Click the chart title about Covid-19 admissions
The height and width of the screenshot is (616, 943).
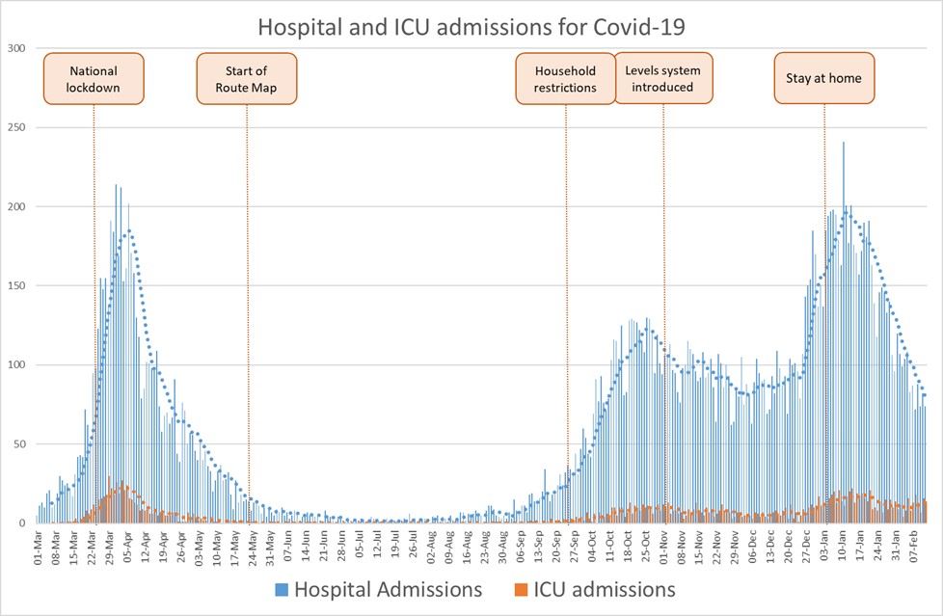(471, 26)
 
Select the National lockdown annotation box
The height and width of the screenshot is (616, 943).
(94, 79)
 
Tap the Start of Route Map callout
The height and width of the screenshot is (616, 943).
(247, 79)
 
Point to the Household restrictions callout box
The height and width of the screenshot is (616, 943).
(566, 79)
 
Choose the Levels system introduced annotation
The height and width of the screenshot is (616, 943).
(662, 79)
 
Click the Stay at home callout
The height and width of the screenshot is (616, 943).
(824, 78)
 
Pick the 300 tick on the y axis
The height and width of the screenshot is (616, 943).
(15, 48)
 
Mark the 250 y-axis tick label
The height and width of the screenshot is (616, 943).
(15, 127)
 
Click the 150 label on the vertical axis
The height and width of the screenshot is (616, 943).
(15, 285)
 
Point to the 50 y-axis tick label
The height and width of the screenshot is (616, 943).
(18, 443)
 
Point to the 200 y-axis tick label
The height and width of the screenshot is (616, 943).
(15, 206)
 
